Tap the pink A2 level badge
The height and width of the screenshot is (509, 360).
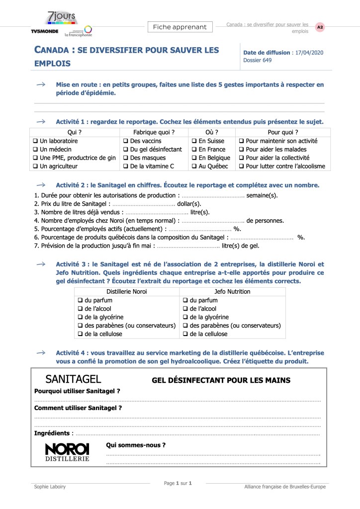coord(320,27)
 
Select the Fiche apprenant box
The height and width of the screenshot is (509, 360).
coord(180,27)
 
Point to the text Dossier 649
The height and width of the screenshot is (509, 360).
coord(258,60)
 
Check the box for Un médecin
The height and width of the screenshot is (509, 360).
coord(36,150)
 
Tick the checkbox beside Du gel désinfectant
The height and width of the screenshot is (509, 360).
coord(126,150)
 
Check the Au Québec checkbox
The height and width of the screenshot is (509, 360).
coord(194,166)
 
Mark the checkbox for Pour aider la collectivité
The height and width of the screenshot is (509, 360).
coord(242,158)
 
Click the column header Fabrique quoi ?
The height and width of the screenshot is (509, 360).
coord(154,132)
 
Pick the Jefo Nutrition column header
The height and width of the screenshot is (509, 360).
coord(232,291)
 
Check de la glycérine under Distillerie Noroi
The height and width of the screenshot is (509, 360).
coord(80,317)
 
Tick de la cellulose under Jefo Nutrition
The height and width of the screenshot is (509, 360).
coord(185,334)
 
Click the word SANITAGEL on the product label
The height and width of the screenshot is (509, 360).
coord(73,380)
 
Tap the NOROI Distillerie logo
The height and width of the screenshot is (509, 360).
coord(67,452)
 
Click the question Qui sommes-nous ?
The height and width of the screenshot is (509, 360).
coord(136,445)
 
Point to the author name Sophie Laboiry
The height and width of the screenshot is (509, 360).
coord(50,487)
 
